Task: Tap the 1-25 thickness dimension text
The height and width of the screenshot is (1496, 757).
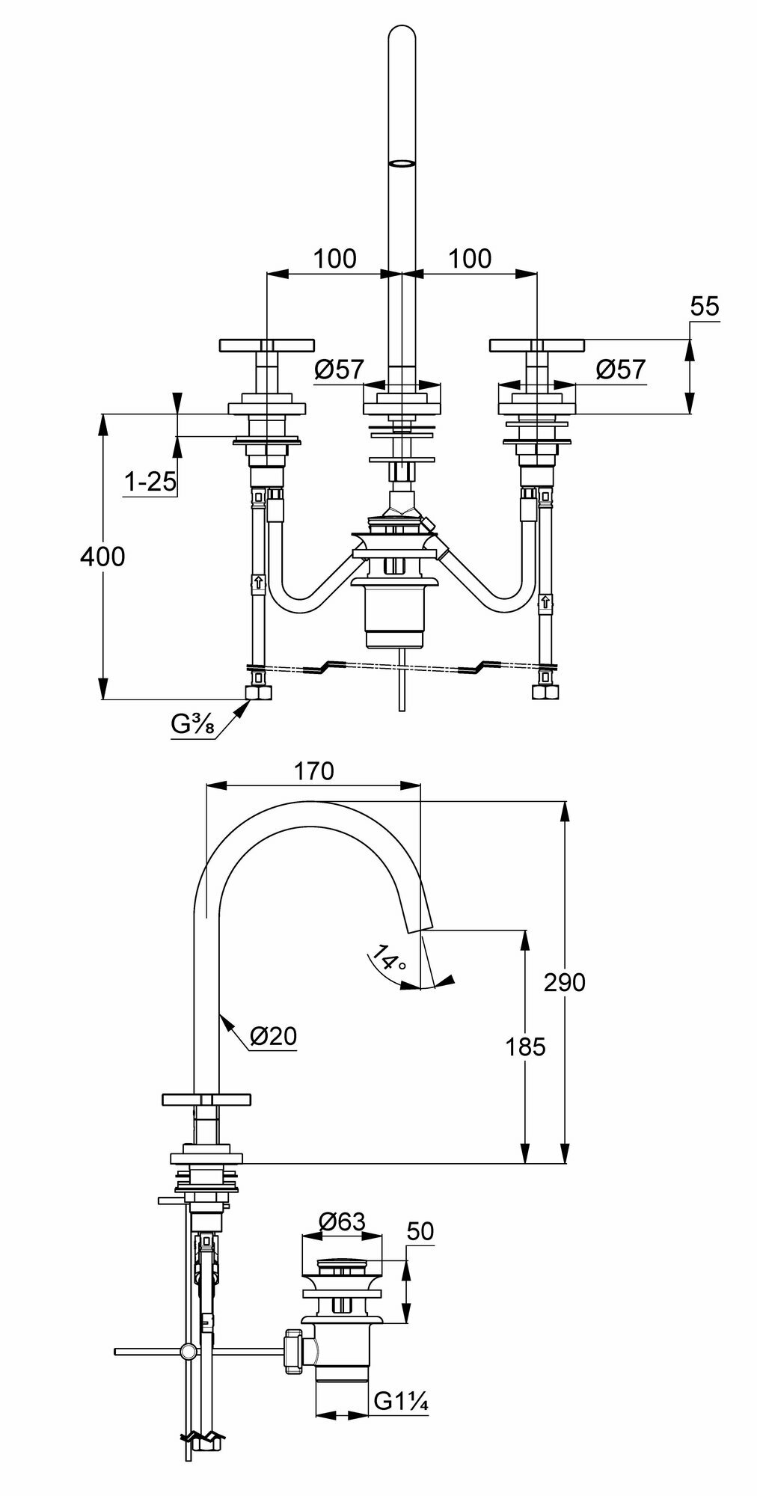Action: [150, 482]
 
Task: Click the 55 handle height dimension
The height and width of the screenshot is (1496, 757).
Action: [705, 307]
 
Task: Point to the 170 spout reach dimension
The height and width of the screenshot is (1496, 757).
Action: [313, 771]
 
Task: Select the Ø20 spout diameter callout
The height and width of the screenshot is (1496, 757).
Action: [273, 1035]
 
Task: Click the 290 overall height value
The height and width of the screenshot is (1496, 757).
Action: [564, 982]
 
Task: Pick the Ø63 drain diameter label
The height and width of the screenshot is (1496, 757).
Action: [341, 1221]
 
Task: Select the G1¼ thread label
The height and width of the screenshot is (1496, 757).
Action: [401, 1401]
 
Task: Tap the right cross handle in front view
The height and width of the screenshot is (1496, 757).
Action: [536, 346]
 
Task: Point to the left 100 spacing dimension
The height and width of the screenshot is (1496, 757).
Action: [334, 259]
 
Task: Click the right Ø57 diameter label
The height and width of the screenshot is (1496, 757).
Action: [620, 369]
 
